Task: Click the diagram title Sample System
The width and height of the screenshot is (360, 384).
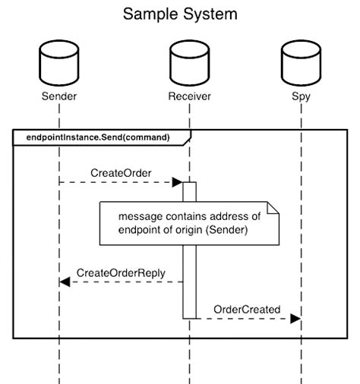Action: point(180,14)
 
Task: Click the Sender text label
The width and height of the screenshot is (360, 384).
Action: point(58,96)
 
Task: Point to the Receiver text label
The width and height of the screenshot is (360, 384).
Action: point(189,96)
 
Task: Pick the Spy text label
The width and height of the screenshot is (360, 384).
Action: point(300,96)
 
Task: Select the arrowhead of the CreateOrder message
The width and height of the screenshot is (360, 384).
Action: point(177,182)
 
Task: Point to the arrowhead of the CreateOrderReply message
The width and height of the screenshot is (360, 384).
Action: point(65,282)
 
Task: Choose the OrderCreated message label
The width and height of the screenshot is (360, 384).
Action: point(247,309)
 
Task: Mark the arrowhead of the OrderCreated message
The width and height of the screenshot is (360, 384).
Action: point(295,319)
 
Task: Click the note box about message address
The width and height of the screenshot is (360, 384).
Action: point(190,223)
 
